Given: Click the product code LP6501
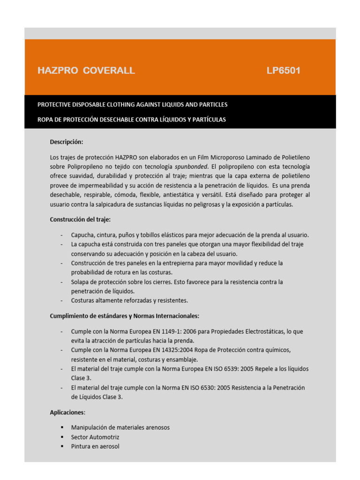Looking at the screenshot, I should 284,71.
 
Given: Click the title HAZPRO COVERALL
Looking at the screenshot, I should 86,71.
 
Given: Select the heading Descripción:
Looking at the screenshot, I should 67,142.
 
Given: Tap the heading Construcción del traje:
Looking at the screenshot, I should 80,219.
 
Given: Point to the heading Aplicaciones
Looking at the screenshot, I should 67,412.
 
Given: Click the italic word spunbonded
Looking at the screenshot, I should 192,167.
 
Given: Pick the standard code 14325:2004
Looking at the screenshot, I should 173,350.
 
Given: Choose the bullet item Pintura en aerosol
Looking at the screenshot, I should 95,446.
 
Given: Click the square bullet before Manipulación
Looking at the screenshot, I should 62,427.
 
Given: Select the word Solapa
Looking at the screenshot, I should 81,282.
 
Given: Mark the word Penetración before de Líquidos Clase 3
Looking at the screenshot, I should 287,388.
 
